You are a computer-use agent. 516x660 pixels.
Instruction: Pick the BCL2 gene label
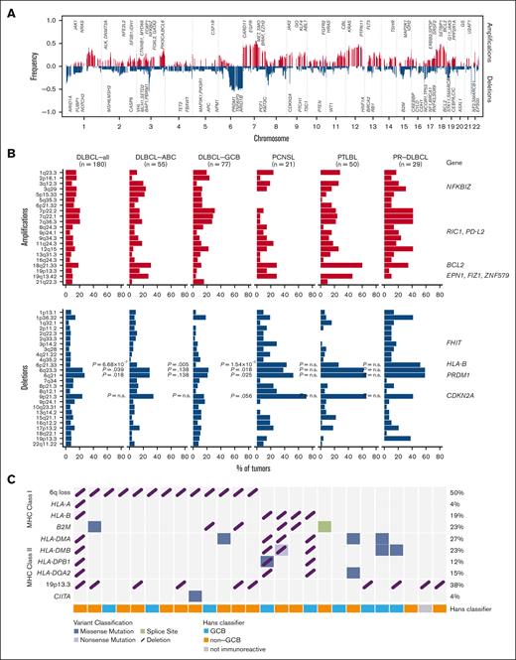coord(472,265)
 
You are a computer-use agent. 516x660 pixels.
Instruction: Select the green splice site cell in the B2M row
coord(325,527)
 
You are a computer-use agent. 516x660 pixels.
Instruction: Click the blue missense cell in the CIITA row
coord(194,595)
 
